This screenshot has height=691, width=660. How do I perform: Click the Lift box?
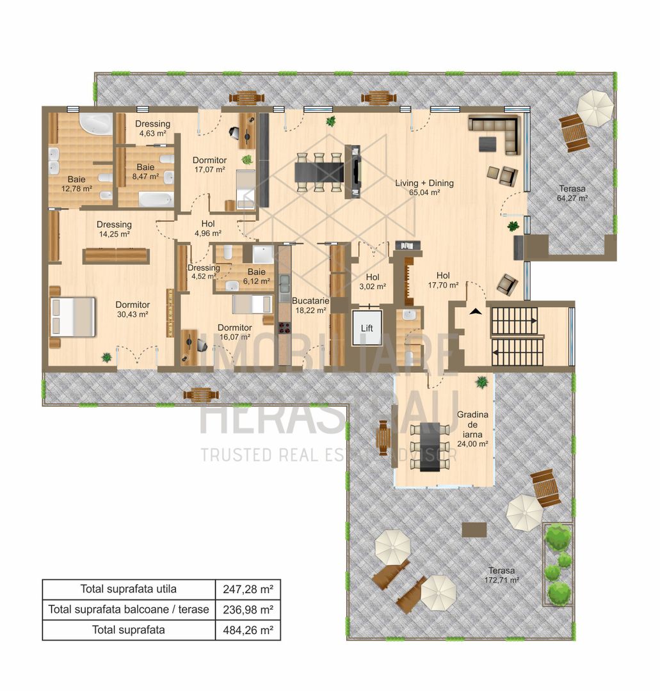click(x=367, y=328)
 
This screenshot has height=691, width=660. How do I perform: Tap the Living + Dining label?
click(x=424, y=187)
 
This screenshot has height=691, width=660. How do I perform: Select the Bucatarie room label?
click(x=309, y=305)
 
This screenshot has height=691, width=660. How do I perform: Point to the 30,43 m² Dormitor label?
click(x=132, y=310)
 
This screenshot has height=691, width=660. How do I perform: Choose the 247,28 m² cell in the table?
click(x=248, y=588)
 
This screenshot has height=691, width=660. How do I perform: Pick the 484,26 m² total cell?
click(x=248, y=630)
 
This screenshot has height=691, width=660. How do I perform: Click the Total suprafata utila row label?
click(x=128, y=588)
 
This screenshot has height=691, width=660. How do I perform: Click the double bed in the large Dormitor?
click(x=73, y=317)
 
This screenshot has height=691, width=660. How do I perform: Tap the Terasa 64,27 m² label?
click(x=572, y=193)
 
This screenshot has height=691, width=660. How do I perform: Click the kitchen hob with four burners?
click(x=284, y=328)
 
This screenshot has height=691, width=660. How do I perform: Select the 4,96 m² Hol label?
click(x=208, y=228)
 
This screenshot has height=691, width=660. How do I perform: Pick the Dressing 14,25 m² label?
click(x=114, y=229)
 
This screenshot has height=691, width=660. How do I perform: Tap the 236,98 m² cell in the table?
click(x=248, y=609)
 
